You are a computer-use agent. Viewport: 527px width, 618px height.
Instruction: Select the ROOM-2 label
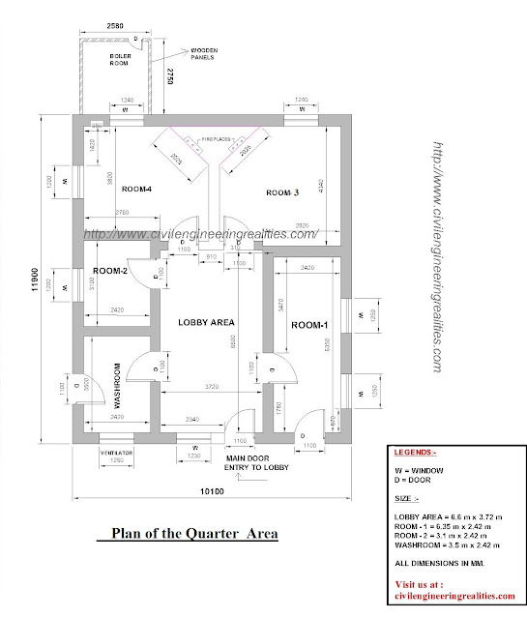point(111,272)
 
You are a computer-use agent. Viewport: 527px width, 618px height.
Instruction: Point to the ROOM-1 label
point(310,326)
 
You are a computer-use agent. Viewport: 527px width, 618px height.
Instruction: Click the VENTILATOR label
point(115,451)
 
